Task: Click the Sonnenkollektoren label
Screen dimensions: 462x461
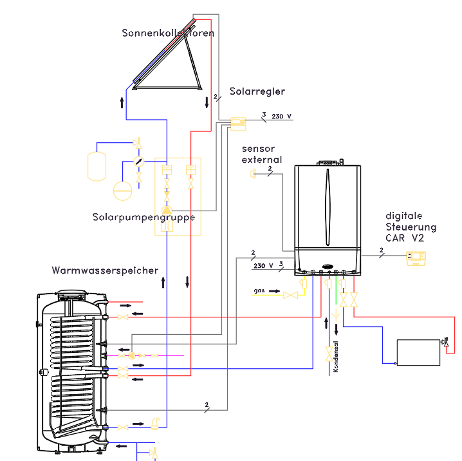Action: pyautogui.click(x=168, y=33)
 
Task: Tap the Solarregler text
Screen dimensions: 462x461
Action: pyautogui.click(x=257, y=91)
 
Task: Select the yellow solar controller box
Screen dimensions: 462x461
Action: pyautogui.click(x=238, y=124)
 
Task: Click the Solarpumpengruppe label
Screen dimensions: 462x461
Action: pyautogui.click(x=143, y=218)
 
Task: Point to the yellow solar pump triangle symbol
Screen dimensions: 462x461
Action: pyautogui.click(x=167, y=210)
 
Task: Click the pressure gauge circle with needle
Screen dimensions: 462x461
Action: pyautogui.click(x=139, y=161)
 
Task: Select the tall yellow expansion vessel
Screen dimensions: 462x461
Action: pyautogui.click(x=97, y=166)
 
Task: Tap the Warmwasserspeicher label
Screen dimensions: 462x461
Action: pyautogui.click(x=105, y=270)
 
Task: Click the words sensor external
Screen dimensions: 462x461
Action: pyautogui.click(x=262, y=154)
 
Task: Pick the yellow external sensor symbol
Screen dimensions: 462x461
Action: pyautogui.click(x=253, y=174)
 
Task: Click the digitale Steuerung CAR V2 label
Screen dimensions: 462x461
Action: pyautogui.click(x=411, y=227)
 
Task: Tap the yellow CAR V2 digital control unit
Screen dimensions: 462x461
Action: pyautogui.click(x=416, y=258)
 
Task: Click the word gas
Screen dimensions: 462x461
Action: pyautogui.click(x=259, y=290)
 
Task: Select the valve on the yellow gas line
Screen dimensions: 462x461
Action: pyautogui.click(x=290, y=295)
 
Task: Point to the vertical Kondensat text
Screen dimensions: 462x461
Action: pyautogui.click(x=336, y=357)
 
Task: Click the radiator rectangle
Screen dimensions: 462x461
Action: pyautogui.click(x=418, y=353)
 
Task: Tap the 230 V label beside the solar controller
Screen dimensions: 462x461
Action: pyautogui.click(x=281, y=117)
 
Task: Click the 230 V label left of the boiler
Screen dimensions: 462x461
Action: pyautogui.click(x=263, y=266)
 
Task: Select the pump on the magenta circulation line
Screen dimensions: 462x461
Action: pyautogui.click(x=132, y=356)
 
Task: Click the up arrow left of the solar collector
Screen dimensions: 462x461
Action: pyautogui.click(x=122, y=102)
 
